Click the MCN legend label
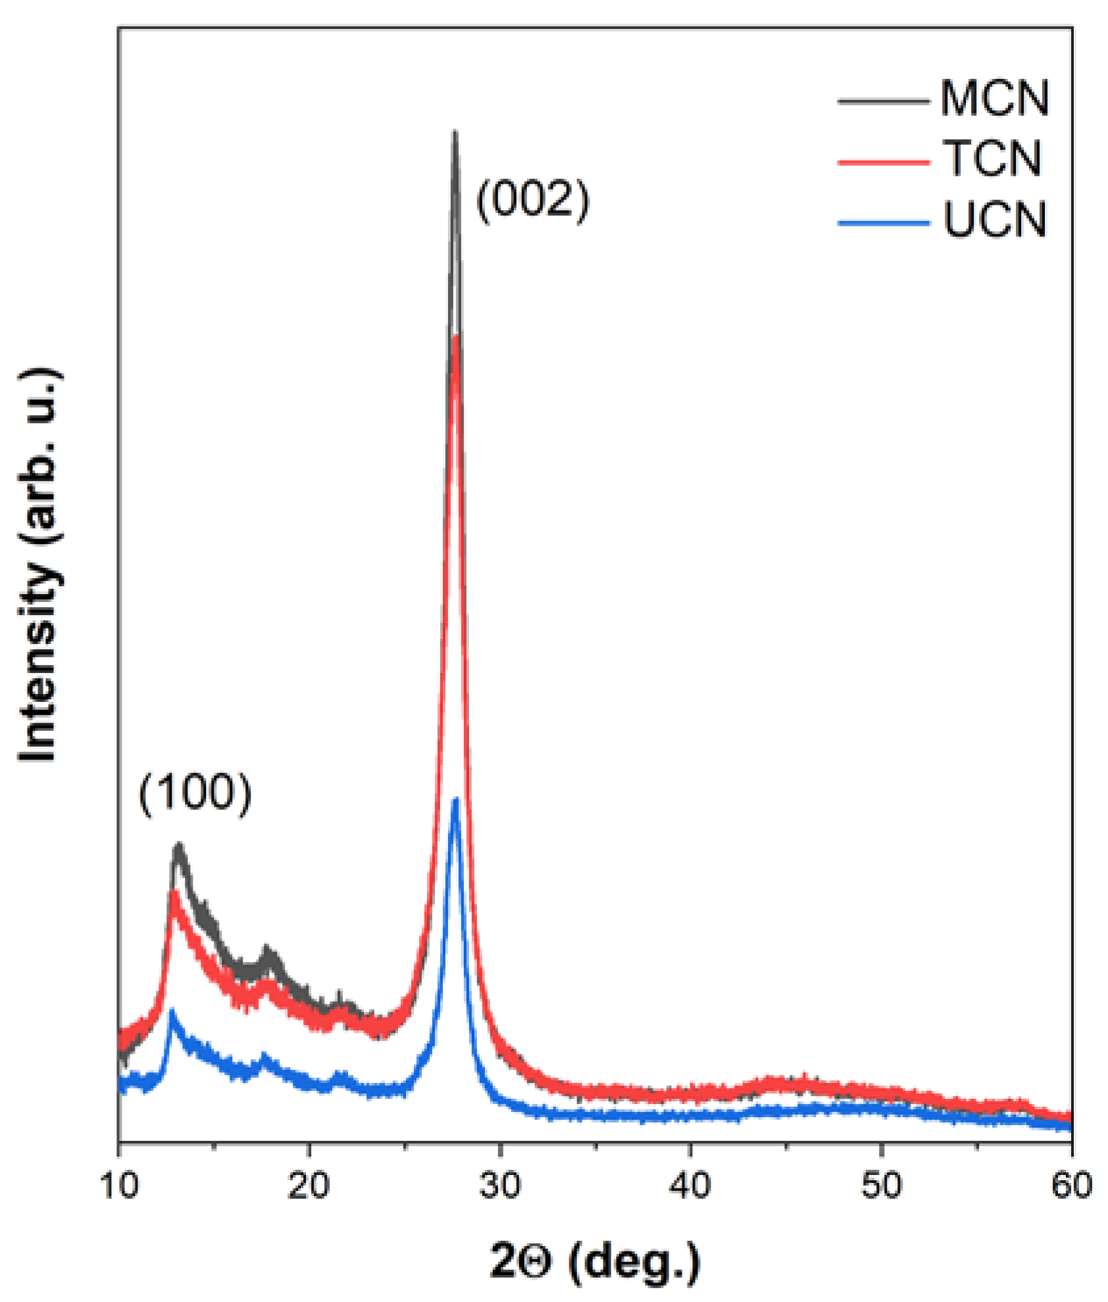994,99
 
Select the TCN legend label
992,159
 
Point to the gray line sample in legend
883,101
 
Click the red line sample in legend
883,161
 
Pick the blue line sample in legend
883,223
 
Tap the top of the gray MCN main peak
454,134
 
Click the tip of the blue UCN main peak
455,801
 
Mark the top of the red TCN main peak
456,339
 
